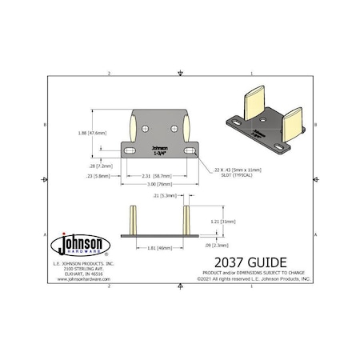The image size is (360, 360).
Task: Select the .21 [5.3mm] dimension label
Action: tap(163, 195)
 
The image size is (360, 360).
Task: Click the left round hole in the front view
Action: tap(146, 129)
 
